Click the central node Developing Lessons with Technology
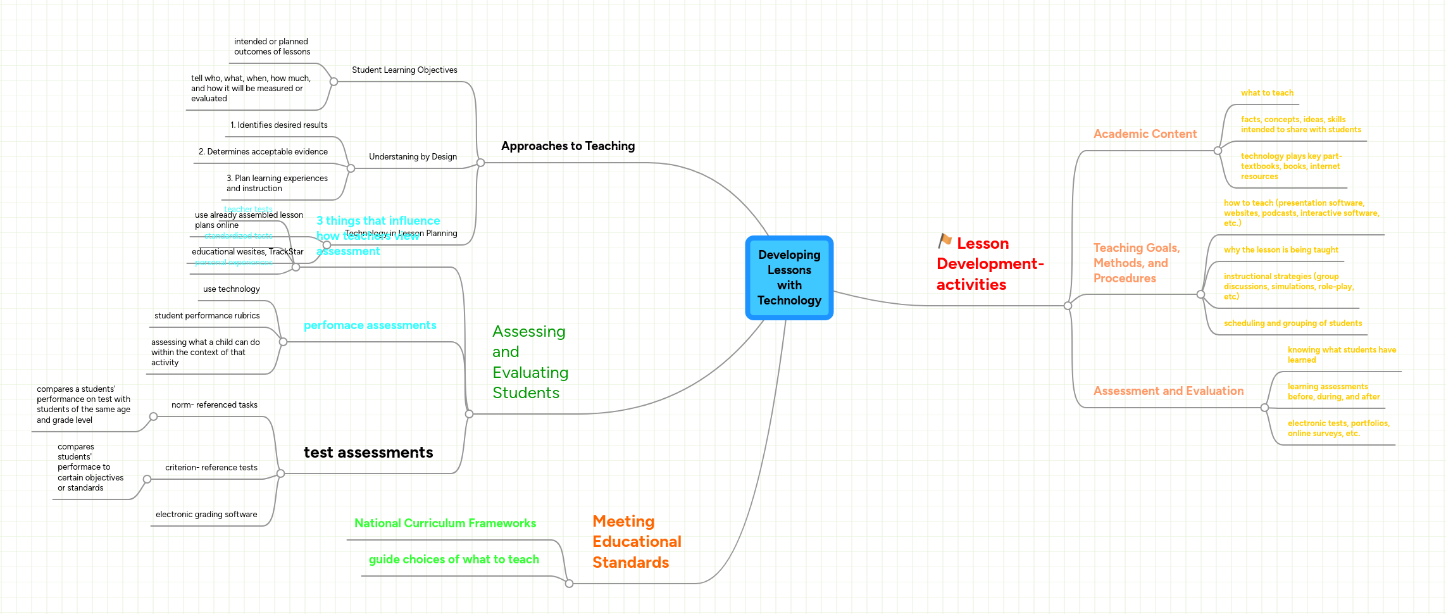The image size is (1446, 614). pos(789,278)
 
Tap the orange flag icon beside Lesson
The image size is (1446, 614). pos(945,241)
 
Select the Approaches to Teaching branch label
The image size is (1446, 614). pos(568,146)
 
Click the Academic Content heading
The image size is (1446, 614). pos(1145,134)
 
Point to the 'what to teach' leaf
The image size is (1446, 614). pos(1267,93)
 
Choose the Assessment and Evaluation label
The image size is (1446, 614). pos(1168,391)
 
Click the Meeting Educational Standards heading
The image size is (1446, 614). pos(636,542)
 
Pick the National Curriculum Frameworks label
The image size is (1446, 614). pos(445,523)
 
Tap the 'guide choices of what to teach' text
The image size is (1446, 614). pos(454,560)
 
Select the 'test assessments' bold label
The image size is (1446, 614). pos(368,453)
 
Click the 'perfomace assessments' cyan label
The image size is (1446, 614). pos(370,325)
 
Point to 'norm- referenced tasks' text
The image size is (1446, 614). pos(215,405)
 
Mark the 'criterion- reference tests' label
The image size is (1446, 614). pos(211,468)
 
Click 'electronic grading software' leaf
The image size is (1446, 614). pos(206,515)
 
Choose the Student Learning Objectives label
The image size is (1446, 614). pos(404,70)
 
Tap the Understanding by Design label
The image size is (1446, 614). pos(413,157)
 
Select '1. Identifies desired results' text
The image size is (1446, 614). pos(279,125)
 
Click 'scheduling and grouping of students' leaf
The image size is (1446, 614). pos(1292,323)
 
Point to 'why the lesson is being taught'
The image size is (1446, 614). pos(1281,250)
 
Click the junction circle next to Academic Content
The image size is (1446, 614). pos(1218,151)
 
